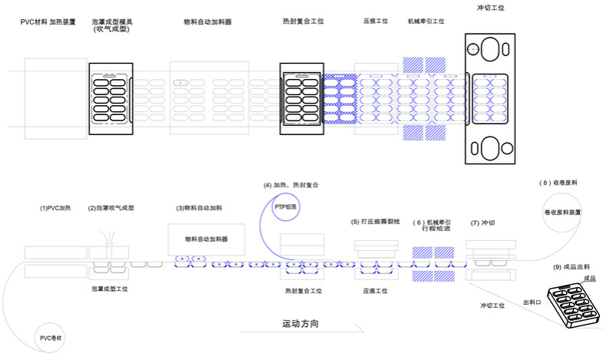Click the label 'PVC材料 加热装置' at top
click(x=48, y=22)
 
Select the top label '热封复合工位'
click(x=302, y=21)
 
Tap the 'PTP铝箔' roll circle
click(x=287, y=206)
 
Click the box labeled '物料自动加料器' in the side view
click(x=206, y=239)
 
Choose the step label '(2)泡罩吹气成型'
click(x=111, y=208)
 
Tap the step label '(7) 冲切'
click(x=484, y=223)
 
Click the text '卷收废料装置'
click(x=563, y=212)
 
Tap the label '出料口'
click(x=532, y=302)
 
